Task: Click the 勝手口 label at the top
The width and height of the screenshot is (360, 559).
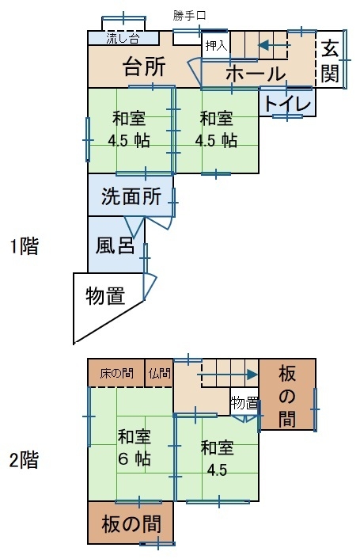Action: point(189,16)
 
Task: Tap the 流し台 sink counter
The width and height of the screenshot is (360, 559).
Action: point(123,38)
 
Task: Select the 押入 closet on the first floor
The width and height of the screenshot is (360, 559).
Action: point(216,46)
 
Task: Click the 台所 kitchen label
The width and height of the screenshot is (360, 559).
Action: point(144,67)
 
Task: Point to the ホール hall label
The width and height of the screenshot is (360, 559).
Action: point(256,74)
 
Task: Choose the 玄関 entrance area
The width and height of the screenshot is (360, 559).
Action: point(330,59)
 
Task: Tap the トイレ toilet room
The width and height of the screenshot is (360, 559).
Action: point(287,103)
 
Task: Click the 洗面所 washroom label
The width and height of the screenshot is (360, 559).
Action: point(131,196)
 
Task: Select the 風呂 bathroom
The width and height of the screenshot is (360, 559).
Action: point(116,245)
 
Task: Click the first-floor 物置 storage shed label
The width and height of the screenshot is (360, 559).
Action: point(105,296)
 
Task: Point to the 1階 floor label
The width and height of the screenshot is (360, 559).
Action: point(24,246)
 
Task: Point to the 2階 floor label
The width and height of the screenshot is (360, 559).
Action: point(24,460)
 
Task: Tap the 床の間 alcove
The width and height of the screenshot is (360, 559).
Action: point(116,373)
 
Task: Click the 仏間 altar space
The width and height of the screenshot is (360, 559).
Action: point(159,373)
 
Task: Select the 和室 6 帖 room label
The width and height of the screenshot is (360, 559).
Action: point(135,448)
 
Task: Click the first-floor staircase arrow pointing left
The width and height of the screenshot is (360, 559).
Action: point(275,45)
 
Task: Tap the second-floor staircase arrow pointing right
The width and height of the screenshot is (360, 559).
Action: point(227,375)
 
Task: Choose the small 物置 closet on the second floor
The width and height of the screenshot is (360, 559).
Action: point(244,402)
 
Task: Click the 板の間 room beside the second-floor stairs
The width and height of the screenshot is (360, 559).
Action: point(287,394)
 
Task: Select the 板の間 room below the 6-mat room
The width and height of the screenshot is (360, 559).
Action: point(131,523)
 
